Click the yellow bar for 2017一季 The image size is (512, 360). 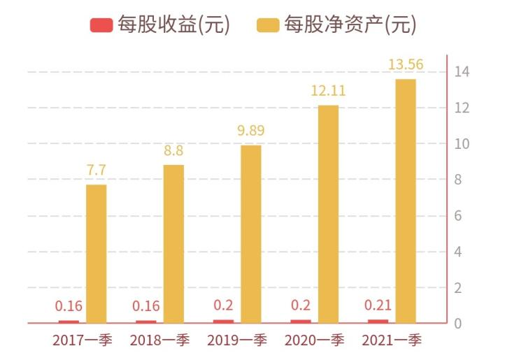(x=97, y=254)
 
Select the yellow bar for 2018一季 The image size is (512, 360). (x=173, y=244)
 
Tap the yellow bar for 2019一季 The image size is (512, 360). (x=251, y=234)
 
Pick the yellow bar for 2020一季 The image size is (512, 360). (x=328, y=214)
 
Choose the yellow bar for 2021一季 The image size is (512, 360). (x=406, y=201)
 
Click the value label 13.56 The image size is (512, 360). (x=406, y=65)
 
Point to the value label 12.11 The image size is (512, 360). (x=328, y=91)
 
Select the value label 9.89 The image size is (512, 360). (x=251, y=131)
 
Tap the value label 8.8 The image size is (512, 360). (x=173, y=150)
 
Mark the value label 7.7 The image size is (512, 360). (x=97, y=170)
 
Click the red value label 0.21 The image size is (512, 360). (x=378, y=305)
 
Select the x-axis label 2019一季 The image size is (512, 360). (x=237, y=340)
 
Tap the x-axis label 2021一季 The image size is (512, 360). (x=392, y=340)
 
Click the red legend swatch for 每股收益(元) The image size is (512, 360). (x=101, y=26)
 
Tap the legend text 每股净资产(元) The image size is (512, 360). (x=350, y=26)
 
